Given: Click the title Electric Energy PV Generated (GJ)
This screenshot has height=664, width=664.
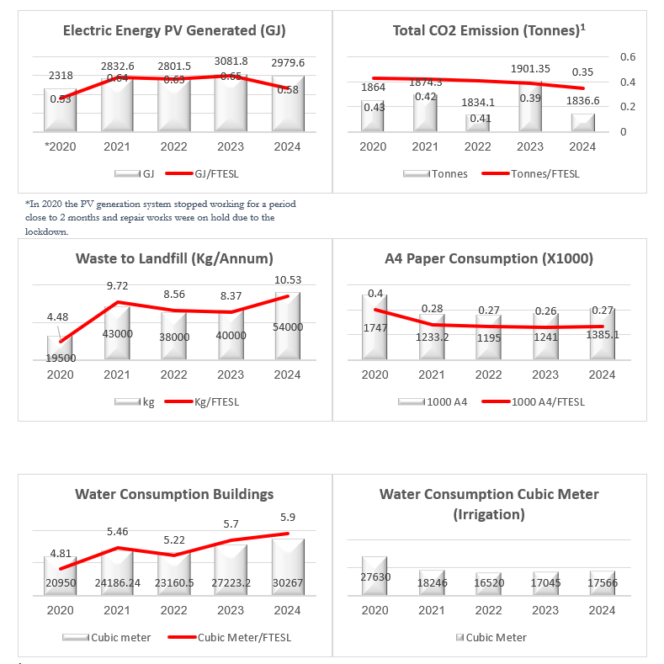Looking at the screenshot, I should point(174,31).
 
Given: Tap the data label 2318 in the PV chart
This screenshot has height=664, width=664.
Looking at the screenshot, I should point(61,76).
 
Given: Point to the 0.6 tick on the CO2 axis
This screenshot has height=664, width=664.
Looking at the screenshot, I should point(628,56).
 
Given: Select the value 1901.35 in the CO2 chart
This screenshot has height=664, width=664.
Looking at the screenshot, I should point(529,69).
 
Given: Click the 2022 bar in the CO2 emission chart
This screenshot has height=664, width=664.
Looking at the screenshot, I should point(477,123).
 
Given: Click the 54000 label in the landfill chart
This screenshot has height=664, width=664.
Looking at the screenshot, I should point(287,327).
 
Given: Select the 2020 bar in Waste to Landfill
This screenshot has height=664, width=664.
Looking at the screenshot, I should point(61,349).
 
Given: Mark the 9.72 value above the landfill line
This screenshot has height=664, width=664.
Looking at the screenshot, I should point(117,286).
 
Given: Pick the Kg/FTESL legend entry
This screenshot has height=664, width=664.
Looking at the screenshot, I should point(216,402).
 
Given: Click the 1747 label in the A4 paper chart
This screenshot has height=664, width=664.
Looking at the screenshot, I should point(375,327).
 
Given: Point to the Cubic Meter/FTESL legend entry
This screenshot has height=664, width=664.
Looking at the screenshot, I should point(244,637).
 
